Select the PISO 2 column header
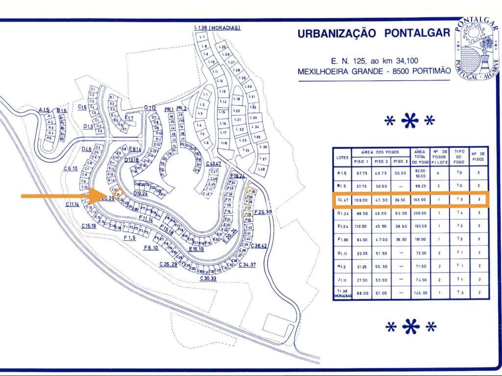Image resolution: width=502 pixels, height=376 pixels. (380, 161)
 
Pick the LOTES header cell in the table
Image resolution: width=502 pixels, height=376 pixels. (343, 157)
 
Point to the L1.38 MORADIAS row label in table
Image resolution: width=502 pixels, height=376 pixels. (343, 293)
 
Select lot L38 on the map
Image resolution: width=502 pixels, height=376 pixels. (262, 169)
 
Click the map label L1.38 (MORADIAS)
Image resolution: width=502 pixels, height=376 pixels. (217, 28)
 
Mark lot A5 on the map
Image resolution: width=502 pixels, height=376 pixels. (49, 138)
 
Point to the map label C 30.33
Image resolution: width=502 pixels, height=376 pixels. (208, 278)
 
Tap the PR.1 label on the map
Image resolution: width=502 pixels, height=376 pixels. (169, 108)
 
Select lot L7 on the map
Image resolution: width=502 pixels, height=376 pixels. (202, 37)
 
